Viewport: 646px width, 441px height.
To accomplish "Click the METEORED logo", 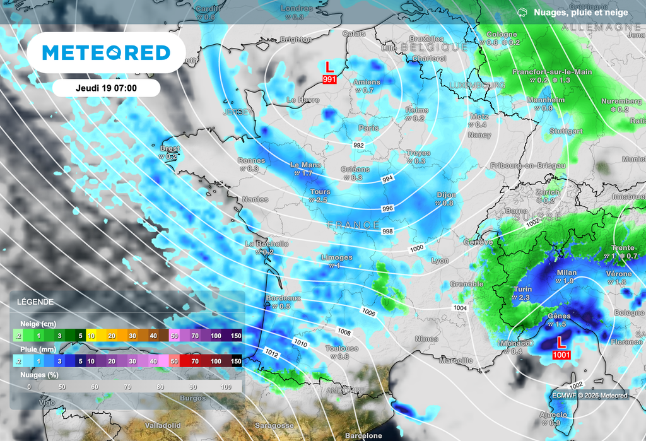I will click(x=107, y=53).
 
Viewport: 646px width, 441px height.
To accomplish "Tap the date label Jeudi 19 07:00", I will click(x=107, y=88).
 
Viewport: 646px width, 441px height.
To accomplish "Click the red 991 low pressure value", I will click(x=329, y=79).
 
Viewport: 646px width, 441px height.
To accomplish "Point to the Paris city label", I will click(x=368, y=127).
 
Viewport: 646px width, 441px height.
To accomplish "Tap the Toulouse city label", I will click(x=342, y=348).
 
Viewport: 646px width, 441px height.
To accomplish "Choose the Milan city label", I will click(x=567, y=273).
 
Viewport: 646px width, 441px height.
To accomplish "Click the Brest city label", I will click(x=170, y=149).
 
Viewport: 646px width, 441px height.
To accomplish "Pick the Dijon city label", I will click(x=447, y=195).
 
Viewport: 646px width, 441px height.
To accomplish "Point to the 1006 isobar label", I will click(x=369, y=312).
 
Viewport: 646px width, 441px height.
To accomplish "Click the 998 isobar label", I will click(x=387, y=232).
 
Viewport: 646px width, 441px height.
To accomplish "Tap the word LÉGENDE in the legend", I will click(x=35, y=302).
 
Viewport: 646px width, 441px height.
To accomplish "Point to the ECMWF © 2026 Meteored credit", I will click(x=590, y=396).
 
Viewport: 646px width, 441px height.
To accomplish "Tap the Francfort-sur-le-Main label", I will click(x=552, y=72).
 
